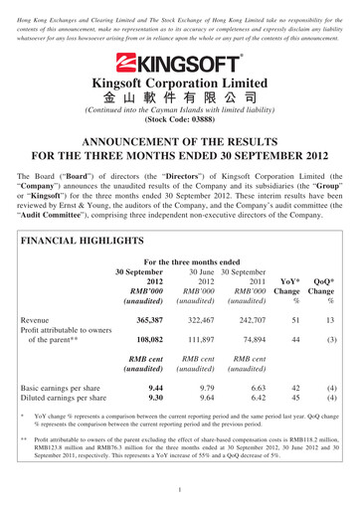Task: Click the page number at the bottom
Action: point(180,490)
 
